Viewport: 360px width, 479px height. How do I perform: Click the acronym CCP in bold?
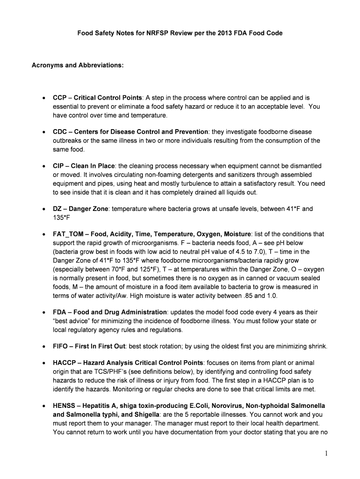point(60,98)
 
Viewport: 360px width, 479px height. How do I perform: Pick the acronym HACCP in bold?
point(64,363)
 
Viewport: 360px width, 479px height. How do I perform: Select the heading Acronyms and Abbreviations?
point(77,65)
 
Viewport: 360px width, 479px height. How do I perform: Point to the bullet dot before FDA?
point(43,312)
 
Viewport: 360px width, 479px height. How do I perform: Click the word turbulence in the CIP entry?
point(201,183)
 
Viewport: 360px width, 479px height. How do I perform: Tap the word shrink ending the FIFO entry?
point(317,346)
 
